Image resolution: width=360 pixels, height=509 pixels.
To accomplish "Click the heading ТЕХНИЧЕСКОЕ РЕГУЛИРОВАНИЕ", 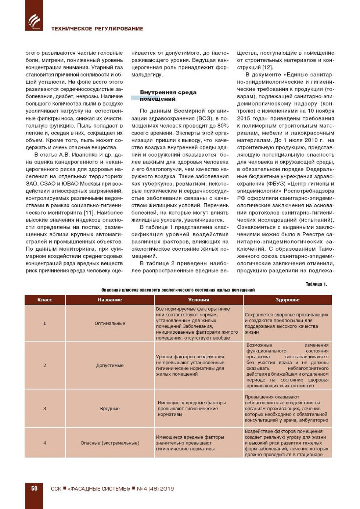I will tap(97, 29).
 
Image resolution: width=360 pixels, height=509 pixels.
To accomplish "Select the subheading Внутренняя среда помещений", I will tap(168, 96).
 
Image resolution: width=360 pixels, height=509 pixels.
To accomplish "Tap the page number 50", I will tap(34, 488).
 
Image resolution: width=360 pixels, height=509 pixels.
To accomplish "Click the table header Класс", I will tap(45, 300).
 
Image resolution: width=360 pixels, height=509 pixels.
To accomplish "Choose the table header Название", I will tap(110, 300).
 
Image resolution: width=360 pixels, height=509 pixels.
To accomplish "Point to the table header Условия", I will tap(198, 300).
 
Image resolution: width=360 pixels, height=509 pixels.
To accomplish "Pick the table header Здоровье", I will tap(287, 300).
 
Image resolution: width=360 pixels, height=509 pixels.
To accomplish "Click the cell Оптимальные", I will tap(110, 323).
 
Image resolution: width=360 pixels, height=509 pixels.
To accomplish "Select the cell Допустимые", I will tap(110, 365).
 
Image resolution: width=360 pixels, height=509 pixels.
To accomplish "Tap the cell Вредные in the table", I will tap(110, 408).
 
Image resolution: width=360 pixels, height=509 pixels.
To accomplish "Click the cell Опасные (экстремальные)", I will tap(110, 443).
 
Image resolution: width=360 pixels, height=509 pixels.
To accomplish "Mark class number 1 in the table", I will tap(45, 323).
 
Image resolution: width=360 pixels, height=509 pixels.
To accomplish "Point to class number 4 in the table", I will tap(45, 443).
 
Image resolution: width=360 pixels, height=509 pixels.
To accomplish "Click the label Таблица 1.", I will tap(316, 284).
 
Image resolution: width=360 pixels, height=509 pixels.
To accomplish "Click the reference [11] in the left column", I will tap(89, 213).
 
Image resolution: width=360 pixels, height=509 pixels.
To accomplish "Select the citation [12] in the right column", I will tap(267, 67).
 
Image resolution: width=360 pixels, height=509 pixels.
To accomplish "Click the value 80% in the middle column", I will tap(222, 126).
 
